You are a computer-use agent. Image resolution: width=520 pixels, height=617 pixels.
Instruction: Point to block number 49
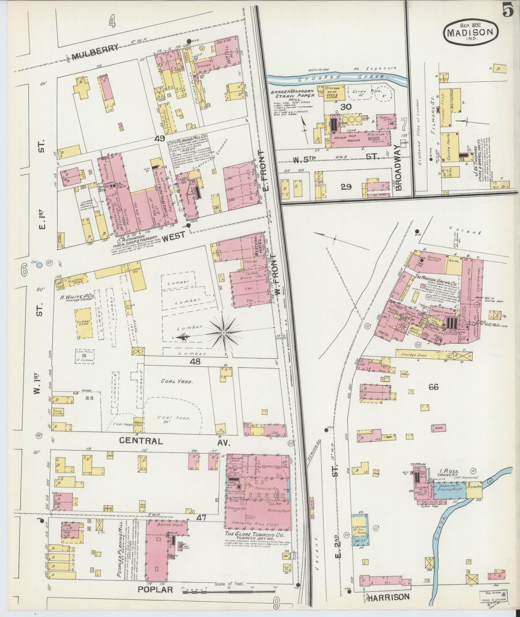click(160, 138)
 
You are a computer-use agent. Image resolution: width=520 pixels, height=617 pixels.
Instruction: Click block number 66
click(434, 387)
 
